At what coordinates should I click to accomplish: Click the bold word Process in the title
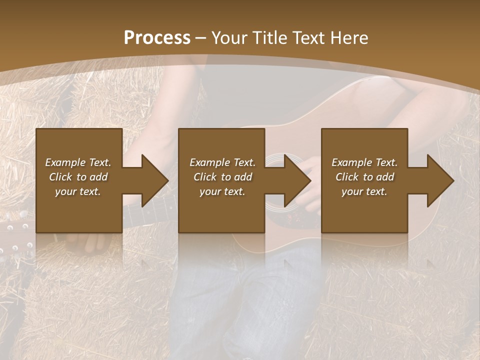[157, 38]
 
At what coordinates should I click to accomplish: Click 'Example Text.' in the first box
[78, 162]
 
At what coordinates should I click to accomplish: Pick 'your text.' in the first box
[78, 191]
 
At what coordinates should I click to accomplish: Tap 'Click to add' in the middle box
[222, 177]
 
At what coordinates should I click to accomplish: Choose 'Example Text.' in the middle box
[222, 162]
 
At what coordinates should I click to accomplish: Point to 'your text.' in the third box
[364, 191]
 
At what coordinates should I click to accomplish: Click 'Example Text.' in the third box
[364, 162]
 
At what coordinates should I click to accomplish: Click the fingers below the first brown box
[95, 242]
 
